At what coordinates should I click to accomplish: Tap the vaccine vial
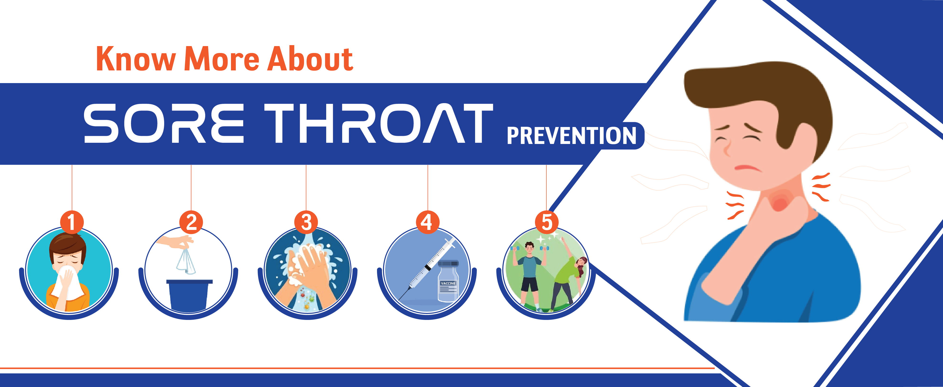448,281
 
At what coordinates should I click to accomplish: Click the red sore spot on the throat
780,201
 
